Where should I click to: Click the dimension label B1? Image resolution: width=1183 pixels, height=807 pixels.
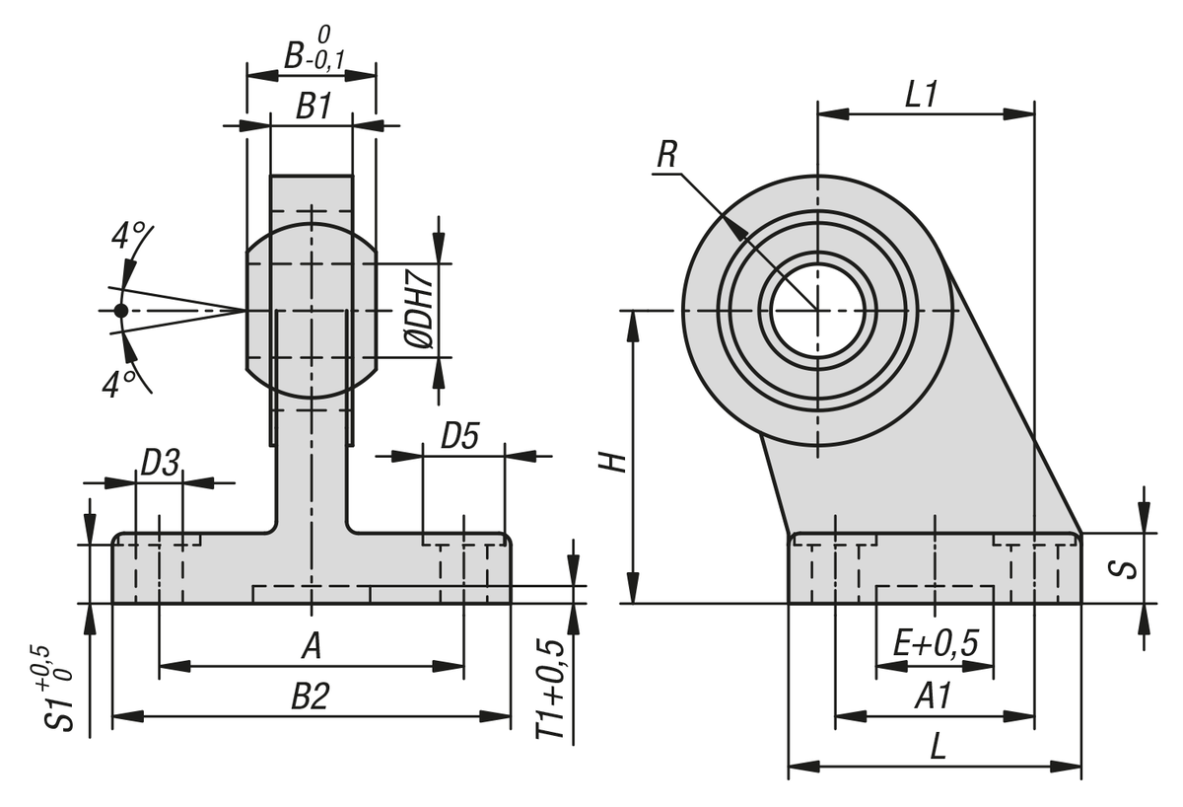click(x=313, y=106)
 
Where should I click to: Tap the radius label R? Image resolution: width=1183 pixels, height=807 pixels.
click(x=667, y=155)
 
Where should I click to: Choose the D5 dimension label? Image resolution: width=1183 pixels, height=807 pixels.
click(x=459, y=436)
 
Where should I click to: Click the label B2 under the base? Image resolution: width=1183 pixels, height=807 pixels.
click(x=309, y=697)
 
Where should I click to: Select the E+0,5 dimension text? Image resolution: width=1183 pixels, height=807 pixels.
click(x=935, y=644)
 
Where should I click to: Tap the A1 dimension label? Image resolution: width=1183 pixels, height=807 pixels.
click(x=932, y=697)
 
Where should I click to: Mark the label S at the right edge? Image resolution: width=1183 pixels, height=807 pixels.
click(x=1129, y=568)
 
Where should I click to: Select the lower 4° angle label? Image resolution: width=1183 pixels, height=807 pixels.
click(x=118, y=383)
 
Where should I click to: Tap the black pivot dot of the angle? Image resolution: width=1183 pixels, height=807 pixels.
click(x=120, y=311)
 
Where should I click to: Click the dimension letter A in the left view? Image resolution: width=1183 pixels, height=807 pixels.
click(x=312, y=646)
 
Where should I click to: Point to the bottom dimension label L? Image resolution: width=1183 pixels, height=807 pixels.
click(x=938, y=747)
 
